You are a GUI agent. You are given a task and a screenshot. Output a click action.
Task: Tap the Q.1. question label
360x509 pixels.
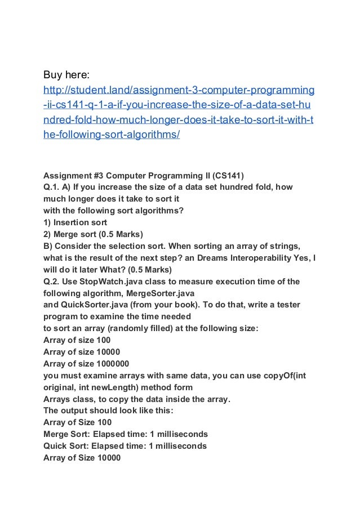click(53, 187)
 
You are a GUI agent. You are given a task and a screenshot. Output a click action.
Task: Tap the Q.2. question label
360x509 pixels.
click(53, 282)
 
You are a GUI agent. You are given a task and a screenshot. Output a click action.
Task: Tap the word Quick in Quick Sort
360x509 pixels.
click(55, 446)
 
